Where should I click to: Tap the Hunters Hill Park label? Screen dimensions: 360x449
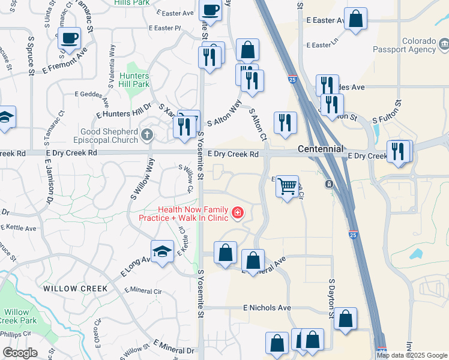(134, 80)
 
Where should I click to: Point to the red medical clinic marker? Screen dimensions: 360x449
(238, 213)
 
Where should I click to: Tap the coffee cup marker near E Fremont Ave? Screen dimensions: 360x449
(69, 38)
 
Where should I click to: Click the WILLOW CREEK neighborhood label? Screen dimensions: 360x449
(76, 289)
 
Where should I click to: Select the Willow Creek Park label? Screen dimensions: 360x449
(17, 316)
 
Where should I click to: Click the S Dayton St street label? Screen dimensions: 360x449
(331, 295)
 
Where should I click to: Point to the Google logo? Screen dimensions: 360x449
(20, 352)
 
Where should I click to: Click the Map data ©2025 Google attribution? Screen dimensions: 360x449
(412, 355)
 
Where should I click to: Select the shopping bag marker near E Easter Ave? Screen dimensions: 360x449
(355, 19)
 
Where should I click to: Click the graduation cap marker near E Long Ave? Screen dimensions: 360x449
(161, 253)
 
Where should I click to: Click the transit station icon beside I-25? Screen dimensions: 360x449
(329, 184)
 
